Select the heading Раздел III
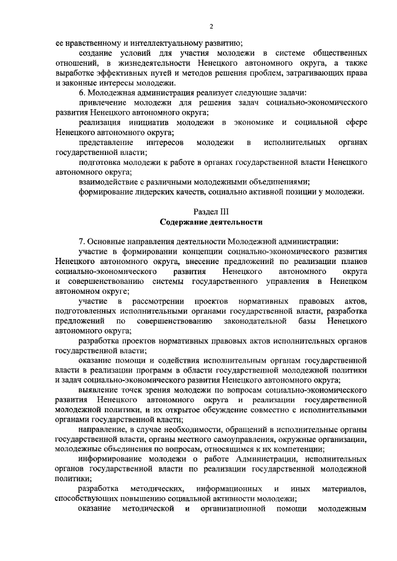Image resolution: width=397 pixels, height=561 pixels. click(x=210, y=211)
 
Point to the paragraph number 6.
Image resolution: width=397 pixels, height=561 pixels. click(x=81, y=92)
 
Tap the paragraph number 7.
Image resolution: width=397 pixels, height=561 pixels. click(x=81, y=241)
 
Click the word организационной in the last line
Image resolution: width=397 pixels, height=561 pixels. click(x=234, y=509)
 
